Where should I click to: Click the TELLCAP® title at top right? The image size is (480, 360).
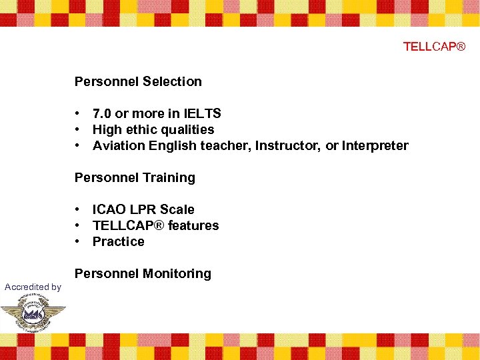434,46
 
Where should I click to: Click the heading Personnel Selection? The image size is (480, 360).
138,81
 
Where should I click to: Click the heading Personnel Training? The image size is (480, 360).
135,177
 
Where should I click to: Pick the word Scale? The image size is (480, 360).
177,209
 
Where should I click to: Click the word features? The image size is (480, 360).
193,225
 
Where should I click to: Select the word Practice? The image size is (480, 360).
118,241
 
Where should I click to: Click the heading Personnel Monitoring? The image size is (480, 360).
143,273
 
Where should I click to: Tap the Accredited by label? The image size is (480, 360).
33,287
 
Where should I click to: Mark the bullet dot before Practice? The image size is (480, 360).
78,241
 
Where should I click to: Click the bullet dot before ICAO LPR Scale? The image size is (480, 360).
78,209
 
